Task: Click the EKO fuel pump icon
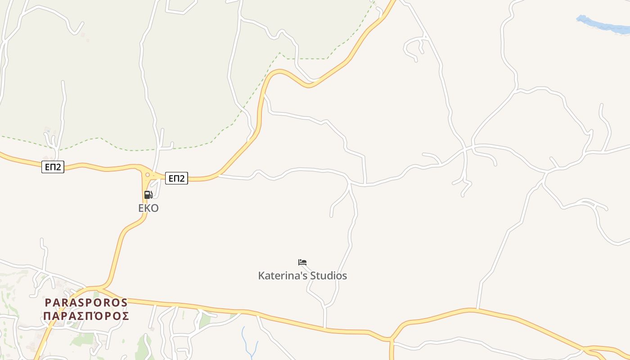tap(148, 195)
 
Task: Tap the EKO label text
tap(148, 208)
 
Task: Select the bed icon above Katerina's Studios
tap(302, 262)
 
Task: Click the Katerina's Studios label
tap(302, 275)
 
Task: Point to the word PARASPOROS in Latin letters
tap(86, 302)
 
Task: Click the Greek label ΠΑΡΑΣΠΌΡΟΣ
tap(86, 316)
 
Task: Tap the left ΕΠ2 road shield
tap(53, 167)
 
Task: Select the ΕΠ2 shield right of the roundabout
tap(176, 178)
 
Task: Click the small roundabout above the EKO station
tap(147, 175)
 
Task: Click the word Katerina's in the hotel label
tap(279, 275)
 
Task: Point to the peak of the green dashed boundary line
tap(279, 53)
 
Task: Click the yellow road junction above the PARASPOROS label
tap(100, 287)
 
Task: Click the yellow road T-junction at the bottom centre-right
tap(391, 338)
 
